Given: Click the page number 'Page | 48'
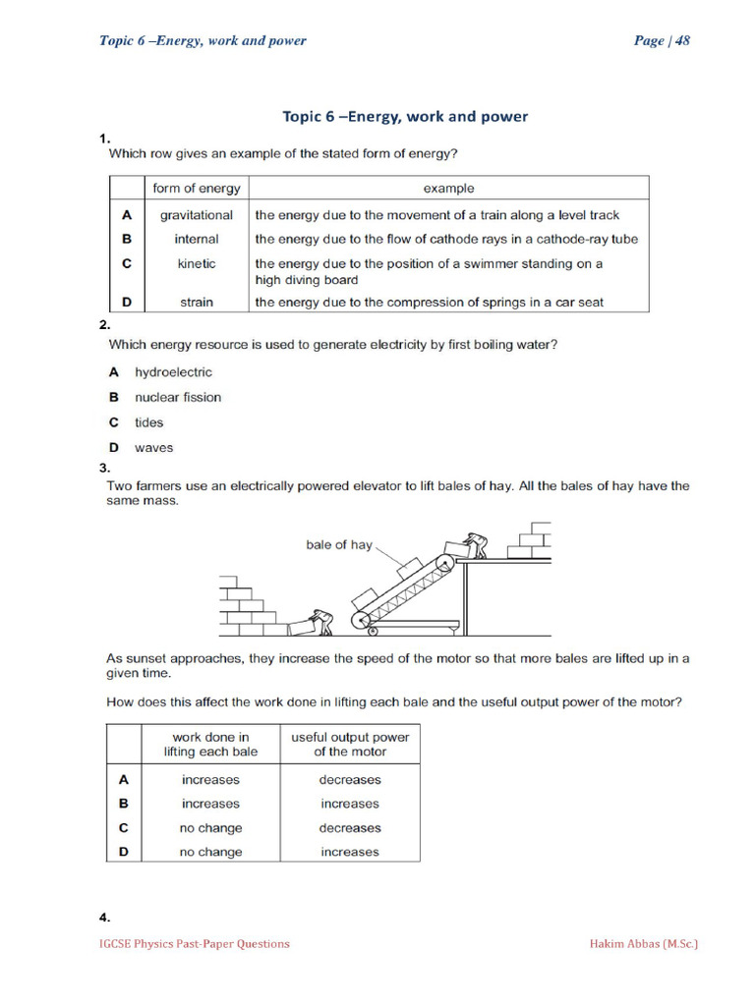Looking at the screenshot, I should pos(662,40).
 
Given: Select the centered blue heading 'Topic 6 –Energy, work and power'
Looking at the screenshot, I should pos(405,117).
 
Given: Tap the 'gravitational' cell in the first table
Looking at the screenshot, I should pos(197,215).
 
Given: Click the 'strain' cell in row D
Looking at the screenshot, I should pos(197,303).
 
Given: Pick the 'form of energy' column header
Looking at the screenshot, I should pos(197,189).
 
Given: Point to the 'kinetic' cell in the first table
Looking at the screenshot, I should pos(197,264).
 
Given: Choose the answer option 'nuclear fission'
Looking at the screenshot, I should pos(178,398).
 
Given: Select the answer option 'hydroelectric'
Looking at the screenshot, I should pos(173,372).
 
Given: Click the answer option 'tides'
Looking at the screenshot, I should pos(149,422).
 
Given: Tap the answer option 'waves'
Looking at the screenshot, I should pos(153,448).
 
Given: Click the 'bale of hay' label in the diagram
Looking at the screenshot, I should pos(339,545).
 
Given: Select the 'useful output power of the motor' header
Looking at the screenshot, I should pos(350,745).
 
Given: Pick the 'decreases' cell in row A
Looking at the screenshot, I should pos(350,780).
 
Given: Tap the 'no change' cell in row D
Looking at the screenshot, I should pos(210,853).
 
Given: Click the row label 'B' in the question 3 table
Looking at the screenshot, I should pos(124,804).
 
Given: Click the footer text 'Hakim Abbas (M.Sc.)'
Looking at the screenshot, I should pos(643,944).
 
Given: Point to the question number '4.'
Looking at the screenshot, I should pos(105,918).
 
